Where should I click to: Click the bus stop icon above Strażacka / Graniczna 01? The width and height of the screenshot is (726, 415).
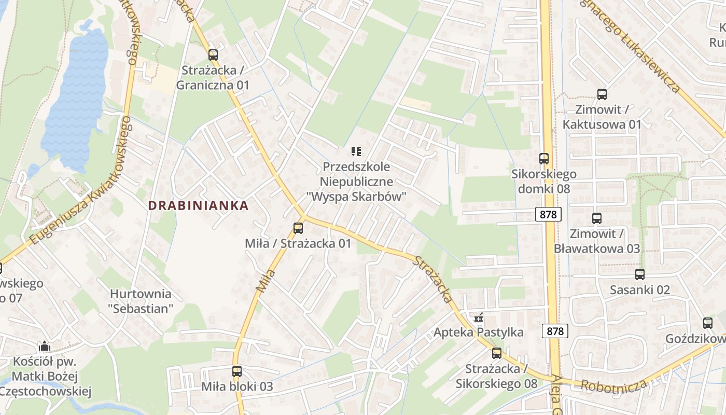213,55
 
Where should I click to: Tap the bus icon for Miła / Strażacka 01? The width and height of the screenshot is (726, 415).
298,228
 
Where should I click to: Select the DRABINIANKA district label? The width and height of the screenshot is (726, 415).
198,205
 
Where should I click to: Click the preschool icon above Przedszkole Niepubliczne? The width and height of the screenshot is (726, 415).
356,151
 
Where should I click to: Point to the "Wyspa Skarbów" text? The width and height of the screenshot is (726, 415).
356,196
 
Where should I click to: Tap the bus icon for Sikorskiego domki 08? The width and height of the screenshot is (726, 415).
544,159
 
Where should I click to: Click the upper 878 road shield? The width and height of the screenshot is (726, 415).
548,214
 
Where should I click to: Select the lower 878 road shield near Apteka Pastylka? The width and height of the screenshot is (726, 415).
555,330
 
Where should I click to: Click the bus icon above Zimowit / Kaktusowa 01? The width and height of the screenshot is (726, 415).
602,94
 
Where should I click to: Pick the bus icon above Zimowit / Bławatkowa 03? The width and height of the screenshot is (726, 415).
597,218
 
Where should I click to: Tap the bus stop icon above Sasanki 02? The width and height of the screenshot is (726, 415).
640,274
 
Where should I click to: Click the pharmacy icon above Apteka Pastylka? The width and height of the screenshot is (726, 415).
479,317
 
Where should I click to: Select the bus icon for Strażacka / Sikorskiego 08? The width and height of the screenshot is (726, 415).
497,354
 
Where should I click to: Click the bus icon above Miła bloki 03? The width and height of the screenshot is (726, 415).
237,371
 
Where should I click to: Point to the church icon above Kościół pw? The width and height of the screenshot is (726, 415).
45,346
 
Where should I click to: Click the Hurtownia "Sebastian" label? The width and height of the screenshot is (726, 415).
141,301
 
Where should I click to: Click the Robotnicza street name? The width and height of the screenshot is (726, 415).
614,385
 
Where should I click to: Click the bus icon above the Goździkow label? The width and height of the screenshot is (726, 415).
708,323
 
